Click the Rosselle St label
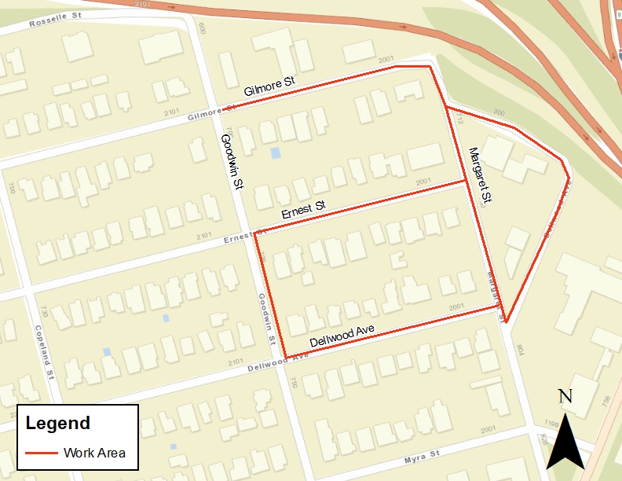(x=57, y=23)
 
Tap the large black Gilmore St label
(x=269, y=83)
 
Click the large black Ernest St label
(x=303, y=211)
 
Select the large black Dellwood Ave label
(x=342, y=336)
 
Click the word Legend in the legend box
(x=57, y=423)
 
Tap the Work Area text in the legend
(x=94, y=453)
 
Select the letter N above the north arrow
(x=564, y=397)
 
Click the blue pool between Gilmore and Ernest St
(x=275, y=152)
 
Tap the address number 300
(x=500, y=112)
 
